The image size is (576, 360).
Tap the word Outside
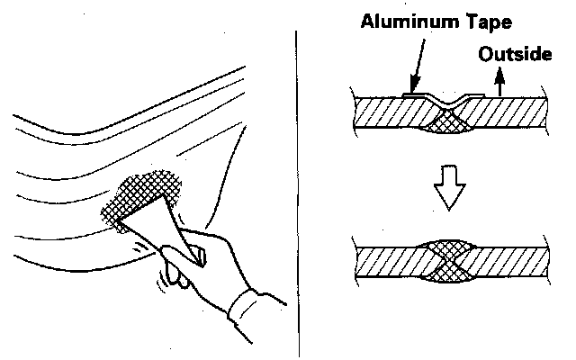(x=514, y=55)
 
